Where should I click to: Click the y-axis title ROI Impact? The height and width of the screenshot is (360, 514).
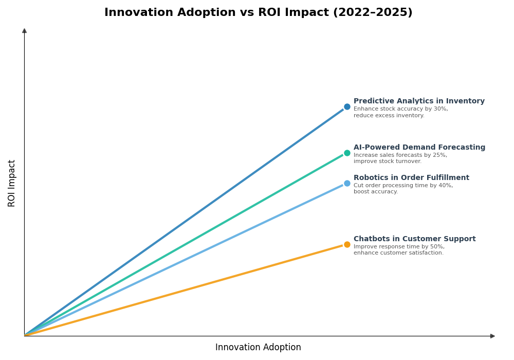12,183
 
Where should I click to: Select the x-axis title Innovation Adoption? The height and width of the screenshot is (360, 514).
258,348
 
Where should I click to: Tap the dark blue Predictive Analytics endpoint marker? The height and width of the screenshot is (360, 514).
347,107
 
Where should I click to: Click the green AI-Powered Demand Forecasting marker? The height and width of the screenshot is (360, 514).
347,153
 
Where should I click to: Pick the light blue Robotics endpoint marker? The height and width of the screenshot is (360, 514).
347,183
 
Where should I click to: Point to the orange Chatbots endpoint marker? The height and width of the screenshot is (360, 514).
347,244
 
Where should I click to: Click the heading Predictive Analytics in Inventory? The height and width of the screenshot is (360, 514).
419,101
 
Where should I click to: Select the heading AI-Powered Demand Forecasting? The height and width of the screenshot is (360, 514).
419,148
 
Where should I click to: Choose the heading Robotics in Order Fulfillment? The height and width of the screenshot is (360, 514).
411,178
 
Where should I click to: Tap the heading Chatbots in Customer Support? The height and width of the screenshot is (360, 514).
414,239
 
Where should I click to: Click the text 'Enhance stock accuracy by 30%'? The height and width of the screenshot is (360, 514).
400,109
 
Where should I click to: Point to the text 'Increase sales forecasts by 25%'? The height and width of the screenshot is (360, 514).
400,155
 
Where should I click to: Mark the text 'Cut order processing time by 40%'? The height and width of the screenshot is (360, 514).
403,186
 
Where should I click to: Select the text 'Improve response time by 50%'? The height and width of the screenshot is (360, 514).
399,247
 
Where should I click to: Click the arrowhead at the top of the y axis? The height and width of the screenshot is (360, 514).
24,31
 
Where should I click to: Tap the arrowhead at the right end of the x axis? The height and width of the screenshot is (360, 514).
492,336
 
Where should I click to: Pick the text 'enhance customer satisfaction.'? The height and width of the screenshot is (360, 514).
398,253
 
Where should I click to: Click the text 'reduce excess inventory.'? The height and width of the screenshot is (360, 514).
389,116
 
